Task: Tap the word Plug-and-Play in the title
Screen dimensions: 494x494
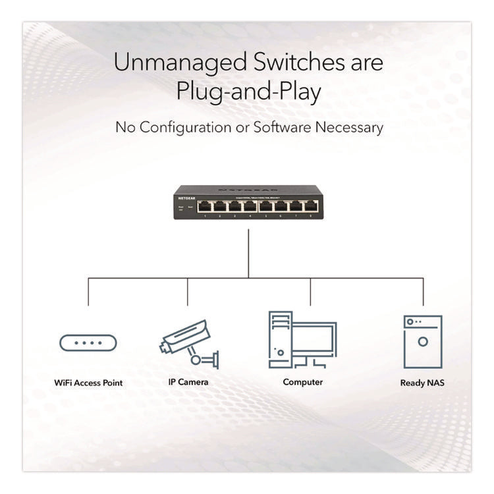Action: point(248,92)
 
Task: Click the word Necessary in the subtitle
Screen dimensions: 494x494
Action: point(348,127)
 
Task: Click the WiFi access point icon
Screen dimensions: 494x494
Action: point(88,343)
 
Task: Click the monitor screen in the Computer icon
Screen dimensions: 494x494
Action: point(313,339)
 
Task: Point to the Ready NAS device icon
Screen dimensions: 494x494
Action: point(422,341)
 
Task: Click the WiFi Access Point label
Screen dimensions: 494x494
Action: point(88,383)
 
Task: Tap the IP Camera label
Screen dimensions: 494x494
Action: point(188,382)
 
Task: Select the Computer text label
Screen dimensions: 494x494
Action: point(303,382)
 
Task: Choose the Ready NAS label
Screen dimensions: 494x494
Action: point(422,383)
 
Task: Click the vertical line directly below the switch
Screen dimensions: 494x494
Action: point(248,254)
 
